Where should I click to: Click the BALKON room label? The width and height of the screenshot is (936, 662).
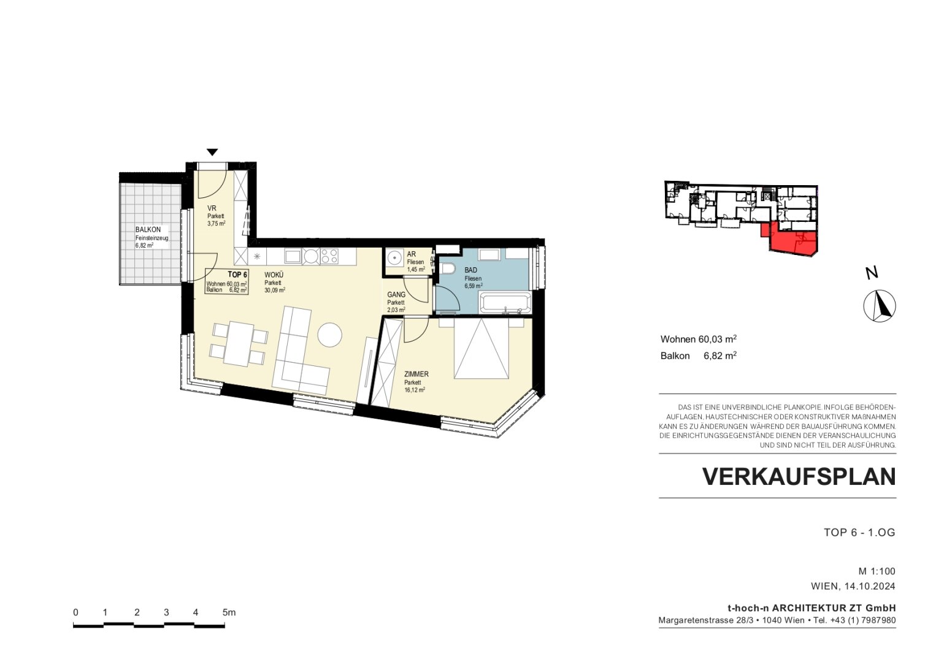point(148,230)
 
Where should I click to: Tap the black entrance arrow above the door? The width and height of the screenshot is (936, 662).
point(212,153)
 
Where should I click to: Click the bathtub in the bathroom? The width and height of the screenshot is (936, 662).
point(505,302)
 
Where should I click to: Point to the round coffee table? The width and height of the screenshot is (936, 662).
point(330,335)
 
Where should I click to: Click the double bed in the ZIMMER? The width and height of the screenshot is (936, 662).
point(481,348)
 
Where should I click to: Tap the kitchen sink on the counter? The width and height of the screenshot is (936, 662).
point(293,256)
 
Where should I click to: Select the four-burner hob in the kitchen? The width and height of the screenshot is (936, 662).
point(329,256)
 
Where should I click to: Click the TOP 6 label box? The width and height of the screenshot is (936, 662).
point(226,281)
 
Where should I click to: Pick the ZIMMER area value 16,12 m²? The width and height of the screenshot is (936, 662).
point(415,390)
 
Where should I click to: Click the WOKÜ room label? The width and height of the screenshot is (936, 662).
point(274,275)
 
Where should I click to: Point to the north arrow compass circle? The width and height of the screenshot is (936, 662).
point(880,306)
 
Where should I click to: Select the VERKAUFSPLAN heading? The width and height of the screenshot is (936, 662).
point(799,476)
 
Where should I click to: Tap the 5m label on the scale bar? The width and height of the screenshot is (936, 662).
point(229,612)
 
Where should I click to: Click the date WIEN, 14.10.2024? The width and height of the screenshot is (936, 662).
point(853,587)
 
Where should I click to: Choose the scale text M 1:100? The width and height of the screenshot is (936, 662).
point(877,571)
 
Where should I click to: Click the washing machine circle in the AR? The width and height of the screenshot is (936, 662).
point(394,258)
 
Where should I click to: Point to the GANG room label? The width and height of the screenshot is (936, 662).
point(396,295)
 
